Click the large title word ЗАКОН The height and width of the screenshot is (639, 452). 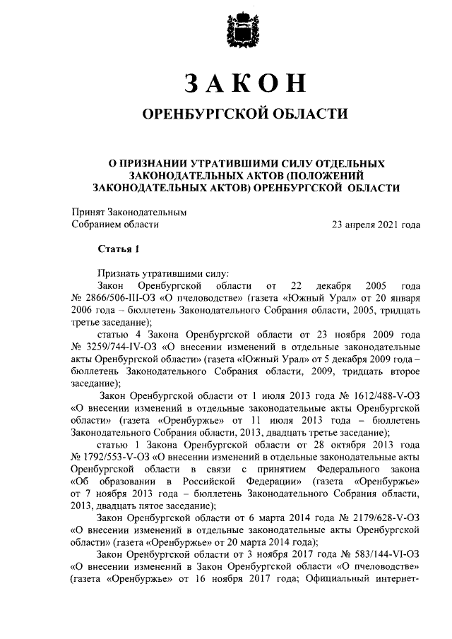click(244, 83)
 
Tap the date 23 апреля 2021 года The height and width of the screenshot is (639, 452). click(376, 225)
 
